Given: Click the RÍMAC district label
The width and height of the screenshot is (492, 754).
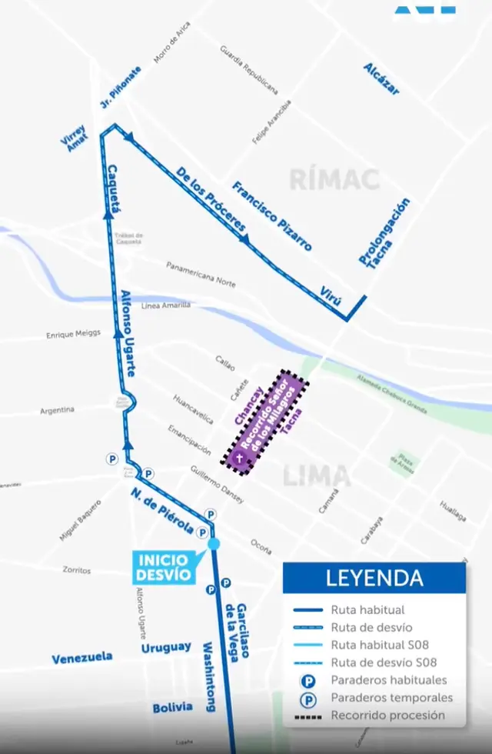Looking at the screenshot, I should [334, 179].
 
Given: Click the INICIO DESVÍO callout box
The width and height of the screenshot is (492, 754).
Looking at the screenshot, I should [163, 568].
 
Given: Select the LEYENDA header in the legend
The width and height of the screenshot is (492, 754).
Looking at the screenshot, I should [374, 578].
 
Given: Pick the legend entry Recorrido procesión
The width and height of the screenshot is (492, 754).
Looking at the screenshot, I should [387, 716].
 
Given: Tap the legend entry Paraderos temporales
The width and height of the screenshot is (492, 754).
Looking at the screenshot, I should [391, 698].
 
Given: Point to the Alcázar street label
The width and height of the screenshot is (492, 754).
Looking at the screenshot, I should [382, 78].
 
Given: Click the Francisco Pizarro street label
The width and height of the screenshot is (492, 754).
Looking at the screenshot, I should [273, 215].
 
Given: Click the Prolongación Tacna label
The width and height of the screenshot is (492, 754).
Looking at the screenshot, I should [384, 233].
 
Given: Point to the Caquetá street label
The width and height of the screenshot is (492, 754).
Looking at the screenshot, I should [115, 188].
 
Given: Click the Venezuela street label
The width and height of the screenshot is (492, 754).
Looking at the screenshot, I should [81, 658].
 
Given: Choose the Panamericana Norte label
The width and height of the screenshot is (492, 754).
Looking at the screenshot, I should [201, 273].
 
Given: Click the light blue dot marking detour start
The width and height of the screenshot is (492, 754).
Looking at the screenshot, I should [214, 544].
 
